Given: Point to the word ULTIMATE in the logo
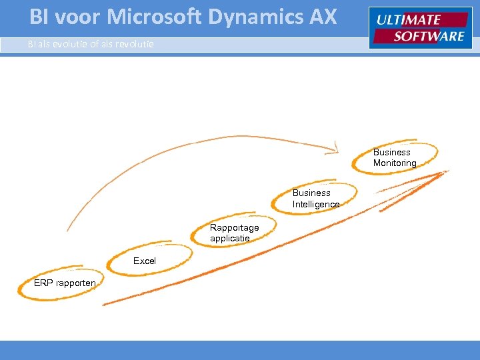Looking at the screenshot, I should pos(408,20).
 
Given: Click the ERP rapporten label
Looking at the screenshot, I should pos(65,283).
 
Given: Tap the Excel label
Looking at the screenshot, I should pos(145,261).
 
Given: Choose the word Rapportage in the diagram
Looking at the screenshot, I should pos(234,228).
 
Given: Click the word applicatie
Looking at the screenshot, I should pos(230,238).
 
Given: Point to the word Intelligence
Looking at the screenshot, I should pos(316,204).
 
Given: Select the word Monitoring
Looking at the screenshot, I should pos(395,163).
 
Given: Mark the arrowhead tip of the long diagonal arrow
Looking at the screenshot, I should pos(445,172).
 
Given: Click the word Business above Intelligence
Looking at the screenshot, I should pos(311,193).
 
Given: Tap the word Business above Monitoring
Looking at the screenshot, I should pos(392,152).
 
